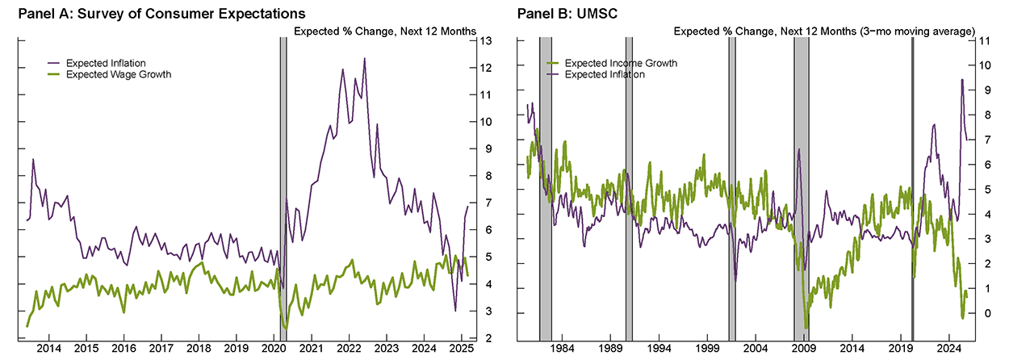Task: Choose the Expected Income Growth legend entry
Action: click(x=620, y=63)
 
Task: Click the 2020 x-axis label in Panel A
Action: click(x=274, y=349)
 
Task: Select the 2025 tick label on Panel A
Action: click(x=462, y=349)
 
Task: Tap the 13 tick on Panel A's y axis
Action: click(x=487, y=40)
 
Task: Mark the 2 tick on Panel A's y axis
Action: click(x=487, y=339)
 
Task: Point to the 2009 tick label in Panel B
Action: click(x=804, y=349)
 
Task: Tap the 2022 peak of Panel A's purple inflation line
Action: click(x=365, y=59)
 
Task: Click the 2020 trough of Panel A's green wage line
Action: click(x=285, y=328)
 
